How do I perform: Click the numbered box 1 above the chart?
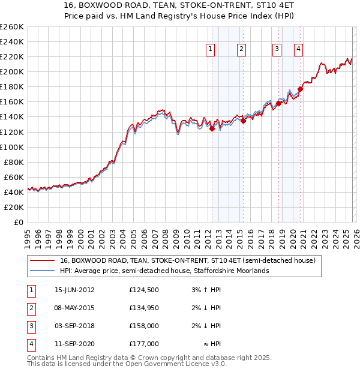211,50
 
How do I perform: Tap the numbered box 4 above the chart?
298,50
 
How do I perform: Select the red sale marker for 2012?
212,128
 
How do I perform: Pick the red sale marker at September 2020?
300,89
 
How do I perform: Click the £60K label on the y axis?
14,177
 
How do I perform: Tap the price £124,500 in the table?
143,290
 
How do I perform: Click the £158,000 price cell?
143,326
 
